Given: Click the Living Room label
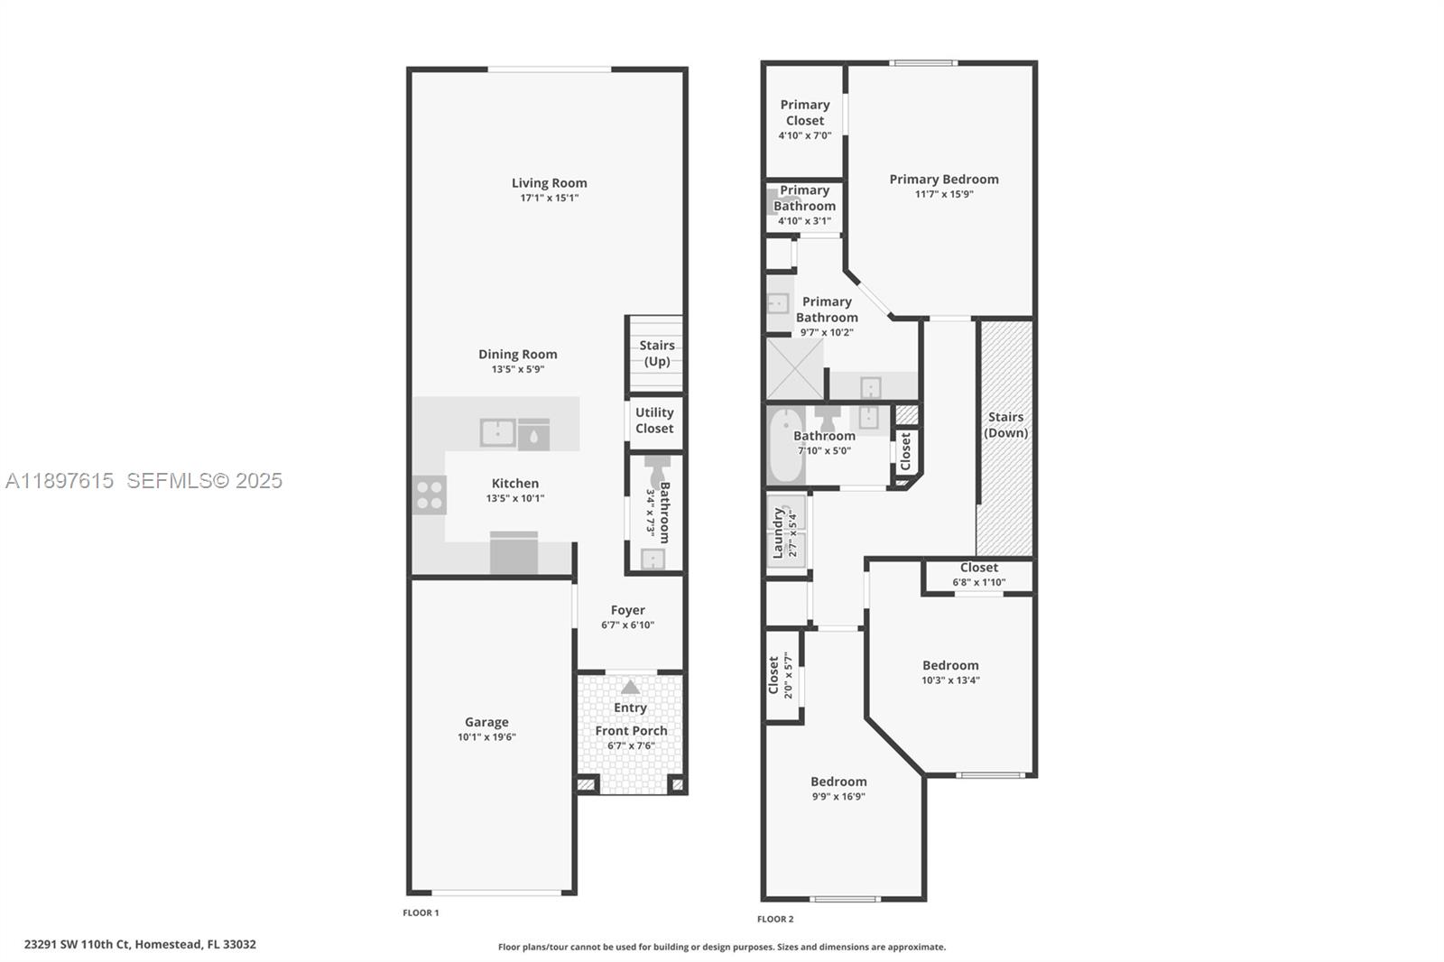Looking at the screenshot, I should pos(549,183).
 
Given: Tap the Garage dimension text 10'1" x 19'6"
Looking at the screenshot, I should pos(486,737).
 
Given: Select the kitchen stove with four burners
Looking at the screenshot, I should pos(430,495).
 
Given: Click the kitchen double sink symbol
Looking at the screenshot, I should pos(497,433).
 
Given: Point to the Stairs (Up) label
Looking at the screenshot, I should pos(656,353).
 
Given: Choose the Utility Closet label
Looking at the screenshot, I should pos(654,421).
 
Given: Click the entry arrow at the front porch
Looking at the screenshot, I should pos(630,688).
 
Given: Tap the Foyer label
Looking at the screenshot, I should pos(627,610).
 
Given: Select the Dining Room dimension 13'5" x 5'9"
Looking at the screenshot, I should pos(517,369).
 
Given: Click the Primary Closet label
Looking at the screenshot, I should pos(804,113).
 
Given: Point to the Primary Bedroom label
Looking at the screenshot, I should pos(943,180).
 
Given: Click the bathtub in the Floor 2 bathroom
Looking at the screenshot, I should pos(785,446).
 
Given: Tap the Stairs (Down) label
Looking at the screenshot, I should pos(1005,424).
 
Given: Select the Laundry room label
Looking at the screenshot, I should pos(777,532).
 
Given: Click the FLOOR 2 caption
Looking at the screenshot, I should pos(774,920).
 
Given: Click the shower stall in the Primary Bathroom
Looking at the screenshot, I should pos(794,369).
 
